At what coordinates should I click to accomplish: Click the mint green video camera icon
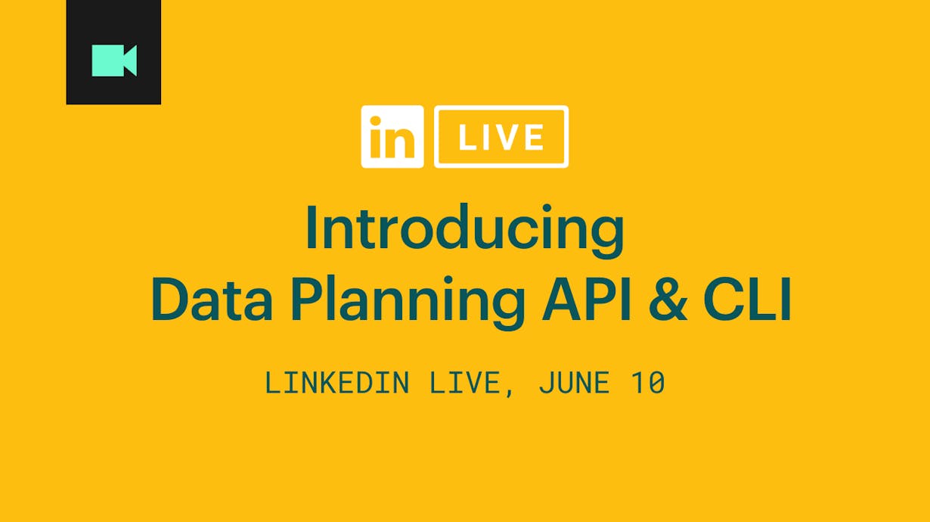click(x=114, y=61)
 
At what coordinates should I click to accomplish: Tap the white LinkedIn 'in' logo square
click(x=392, y=137)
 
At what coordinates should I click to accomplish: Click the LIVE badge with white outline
click(x=501, y=137)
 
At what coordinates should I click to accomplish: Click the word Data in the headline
click(x=212, y=300)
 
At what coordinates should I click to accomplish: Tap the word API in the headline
click(x=587, y=300)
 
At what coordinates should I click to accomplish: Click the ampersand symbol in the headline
click(x=668, y=300)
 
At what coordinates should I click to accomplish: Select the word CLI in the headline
click(x=747, y=300)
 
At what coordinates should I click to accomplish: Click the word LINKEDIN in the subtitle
click(x=337, y=383)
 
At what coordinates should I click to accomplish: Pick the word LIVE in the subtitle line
click(x=464, y=383)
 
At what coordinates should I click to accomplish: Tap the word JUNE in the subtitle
click(x=574, y=383)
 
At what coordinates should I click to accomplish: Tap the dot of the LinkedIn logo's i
click(x=375, y=121)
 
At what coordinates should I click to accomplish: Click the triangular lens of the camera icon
click(x=130, y=61)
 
